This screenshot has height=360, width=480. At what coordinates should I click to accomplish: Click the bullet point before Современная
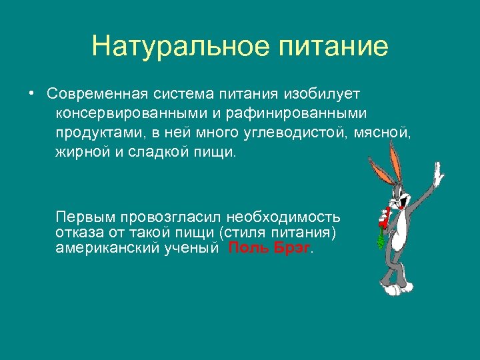tap(31, 91)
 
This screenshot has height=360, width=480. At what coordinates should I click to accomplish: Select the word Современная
tap(100, 91)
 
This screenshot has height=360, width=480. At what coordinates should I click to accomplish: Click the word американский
tap(106, 248)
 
